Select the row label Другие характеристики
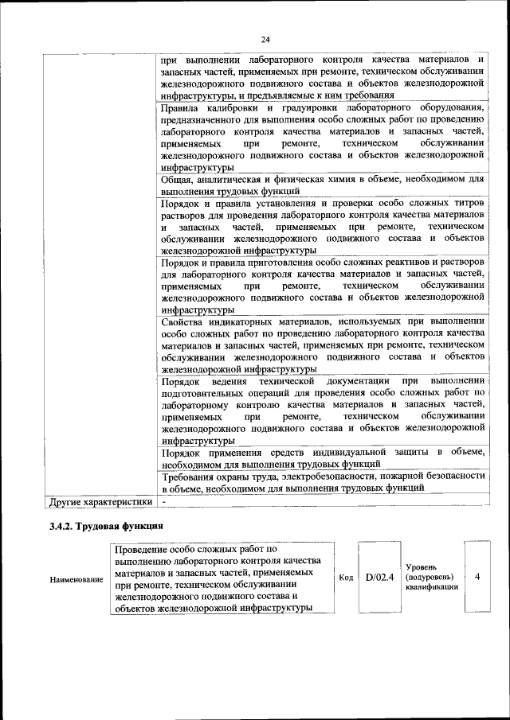click(100, 502)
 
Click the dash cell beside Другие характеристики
click(163, 502)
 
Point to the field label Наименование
click(76, 579)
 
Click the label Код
click(346, 578)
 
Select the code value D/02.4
click(380, 578)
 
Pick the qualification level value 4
click(477, 577)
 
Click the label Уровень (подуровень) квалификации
click(431, 577)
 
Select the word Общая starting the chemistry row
click(178, 180)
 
